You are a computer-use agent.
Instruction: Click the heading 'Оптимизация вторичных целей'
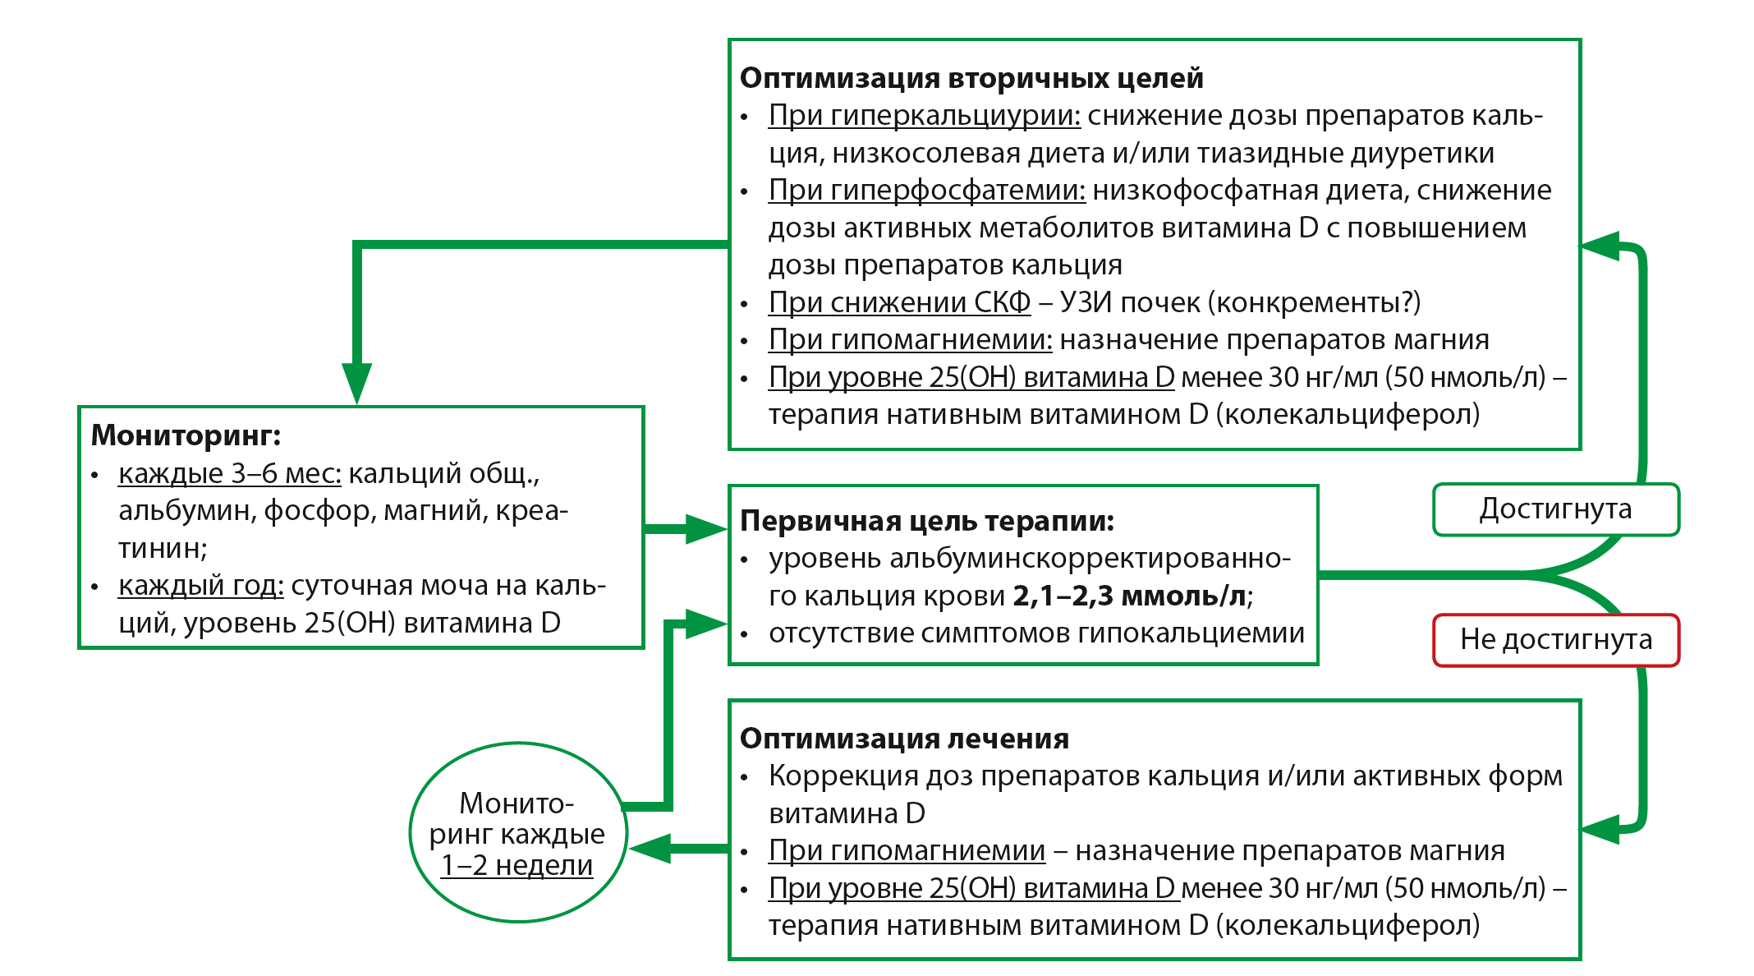[x=971, y=78]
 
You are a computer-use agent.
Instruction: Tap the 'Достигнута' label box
[x=1555, y=509]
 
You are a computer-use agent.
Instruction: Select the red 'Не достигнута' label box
[x=1555, y=639]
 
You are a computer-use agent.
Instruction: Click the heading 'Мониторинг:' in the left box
[x=186, y=435]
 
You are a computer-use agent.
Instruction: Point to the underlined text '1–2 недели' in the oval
[x=517, y=865]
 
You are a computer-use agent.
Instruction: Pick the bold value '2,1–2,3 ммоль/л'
[x=1129, y=596]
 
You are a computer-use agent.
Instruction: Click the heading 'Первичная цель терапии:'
[x=926, y=521]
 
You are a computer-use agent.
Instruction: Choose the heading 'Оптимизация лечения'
[x=904, y=739]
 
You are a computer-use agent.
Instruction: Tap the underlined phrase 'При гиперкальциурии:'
[x=924, y=116]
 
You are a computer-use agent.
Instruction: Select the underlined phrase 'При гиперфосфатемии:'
[x=926, y=191]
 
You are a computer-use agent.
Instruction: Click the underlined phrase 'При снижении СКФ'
[x=899, y=302]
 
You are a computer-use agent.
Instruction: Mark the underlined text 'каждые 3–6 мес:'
[x=229, y=474]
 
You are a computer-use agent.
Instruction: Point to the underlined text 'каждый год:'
[x=200, y=586]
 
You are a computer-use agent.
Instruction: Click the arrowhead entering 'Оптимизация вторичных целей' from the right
[x=1600, y=246]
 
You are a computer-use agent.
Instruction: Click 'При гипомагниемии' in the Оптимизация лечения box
[x=907, y=851]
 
